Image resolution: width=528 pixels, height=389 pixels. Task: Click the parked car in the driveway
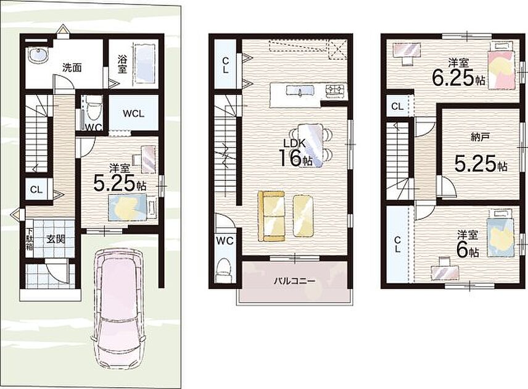click(119, 311)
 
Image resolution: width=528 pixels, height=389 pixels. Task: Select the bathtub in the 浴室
click(146, 63)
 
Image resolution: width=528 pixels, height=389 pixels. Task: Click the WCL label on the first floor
click(133, 113)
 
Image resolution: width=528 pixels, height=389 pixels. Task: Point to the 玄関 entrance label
click(56, 240)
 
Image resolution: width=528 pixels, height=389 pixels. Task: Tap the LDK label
click(294, 143)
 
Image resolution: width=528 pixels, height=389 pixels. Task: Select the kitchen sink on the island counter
click(300, 90)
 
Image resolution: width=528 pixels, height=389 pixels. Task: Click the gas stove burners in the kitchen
click(335, 90)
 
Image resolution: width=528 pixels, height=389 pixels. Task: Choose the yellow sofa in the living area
click(271, 216)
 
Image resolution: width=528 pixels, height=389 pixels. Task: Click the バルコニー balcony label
click(295, 280)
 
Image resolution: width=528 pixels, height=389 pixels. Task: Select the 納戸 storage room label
click(480, 137)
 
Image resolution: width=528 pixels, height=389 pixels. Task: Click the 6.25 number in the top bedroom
click(453, 78)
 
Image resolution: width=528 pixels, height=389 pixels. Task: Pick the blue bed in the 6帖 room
click(500, 233)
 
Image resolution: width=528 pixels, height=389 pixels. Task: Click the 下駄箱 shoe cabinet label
click(30, 239)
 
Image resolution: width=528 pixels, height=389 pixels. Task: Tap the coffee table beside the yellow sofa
click(303, 215)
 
